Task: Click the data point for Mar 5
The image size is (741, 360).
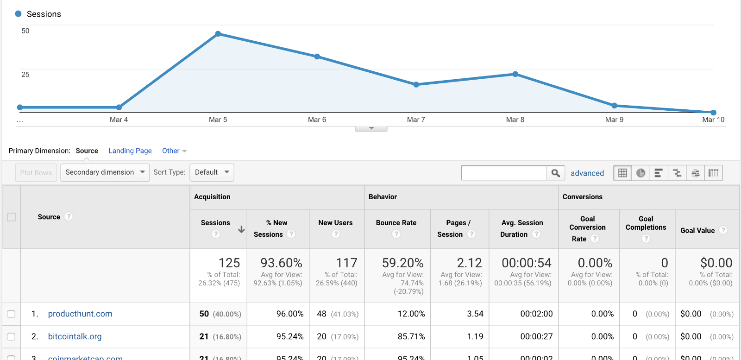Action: pyautogui.click(x=218, y=34)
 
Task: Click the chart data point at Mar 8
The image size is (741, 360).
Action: pyautogui.click(x=515, y=74)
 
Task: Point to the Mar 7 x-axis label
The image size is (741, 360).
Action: pyautogui.click(x=416, y=120)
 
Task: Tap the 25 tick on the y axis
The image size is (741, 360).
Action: pyautogui.click(x=25, y=75)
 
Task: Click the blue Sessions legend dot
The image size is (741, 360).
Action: pyautogui.click(x=19, y=14)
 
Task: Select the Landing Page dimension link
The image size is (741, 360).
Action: pyautogui.click(x=130, y=151)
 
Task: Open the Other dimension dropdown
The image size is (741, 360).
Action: pyautogui.click(x=174, y=151)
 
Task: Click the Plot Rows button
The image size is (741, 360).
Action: pyautogui.click(x=36, y=172)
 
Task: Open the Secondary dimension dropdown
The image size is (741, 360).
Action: pyautogui.click(x=105, y=172)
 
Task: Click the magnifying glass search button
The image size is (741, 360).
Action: pyautogui.click(x=555, y=173)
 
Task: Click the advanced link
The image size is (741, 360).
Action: pyautogui.click(x=587, y=173)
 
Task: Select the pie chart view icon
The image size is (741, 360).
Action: pyautogui.click(x=641, y=173)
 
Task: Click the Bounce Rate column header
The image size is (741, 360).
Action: pyautogui.click(x=396, y=223)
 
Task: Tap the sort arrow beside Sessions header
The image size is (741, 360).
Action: pyautogui.click(x=241, y=229)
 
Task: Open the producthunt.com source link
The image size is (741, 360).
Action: pyautogui.click(x=80, y=314)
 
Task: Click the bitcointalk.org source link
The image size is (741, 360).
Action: pyautogui.click(x=75, y=336)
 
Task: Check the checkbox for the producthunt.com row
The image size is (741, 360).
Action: pyautogui.click(x=12, y=314)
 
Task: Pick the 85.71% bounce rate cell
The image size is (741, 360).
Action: pyautogui.click(x=411, y=336)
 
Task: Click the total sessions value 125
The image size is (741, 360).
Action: pyautogui.click(x=229, y=263)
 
